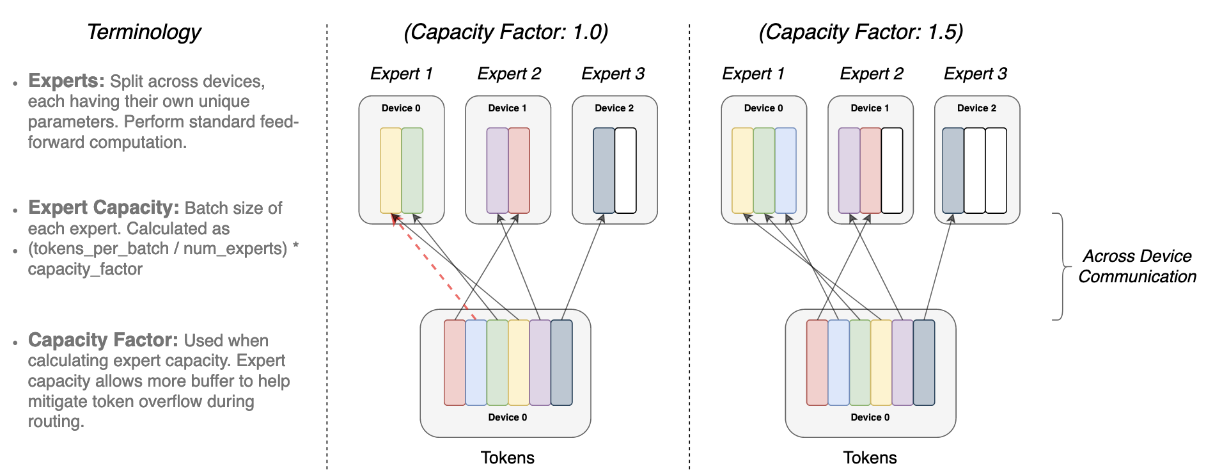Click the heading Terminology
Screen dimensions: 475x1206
click(144, 32)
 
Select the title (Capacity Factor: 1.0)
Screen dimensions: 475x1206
click(506, 32)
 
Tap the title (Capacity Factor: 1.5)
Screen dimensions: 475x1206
click(861, 32)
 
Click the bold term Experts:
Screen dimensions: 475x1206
click(66, 81)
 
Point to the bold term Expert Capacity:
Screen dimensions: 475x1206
click(104, 207)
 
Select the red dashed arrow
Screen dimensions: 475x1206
click(435, 269)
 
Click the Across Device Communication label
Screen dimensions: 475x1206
click(1137, 266)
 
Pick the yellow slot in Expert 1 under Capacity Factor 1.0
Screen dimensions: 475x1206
click(391, 170)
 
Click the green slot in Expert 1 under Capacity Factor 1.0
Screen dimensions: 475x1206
click(412, 170)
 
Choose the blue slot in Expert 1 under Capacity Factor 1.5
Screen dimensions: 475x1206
click(785, 170)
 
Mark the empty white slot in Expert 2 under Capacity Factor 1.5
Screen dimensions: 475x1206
click(892, 170)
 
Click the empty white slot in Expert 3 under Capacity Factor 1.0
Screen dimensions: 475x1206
click(625, 170)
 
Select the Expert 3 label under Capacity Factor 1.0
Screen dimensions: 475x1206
click(613, 74)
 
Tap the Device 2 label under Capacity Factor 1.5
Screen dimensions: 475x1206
click(976, 108)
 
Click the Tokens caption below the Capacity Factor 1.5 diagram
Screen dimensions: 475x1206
click(870, 458)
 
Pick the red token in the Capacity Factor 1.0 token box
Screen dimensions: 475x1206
click(455, 362)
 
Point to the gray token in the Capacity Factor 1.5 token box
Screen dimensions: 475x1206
click(924, 362)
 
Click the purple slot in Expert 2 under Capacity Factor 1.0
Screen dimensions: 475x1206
click(497, 170)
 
